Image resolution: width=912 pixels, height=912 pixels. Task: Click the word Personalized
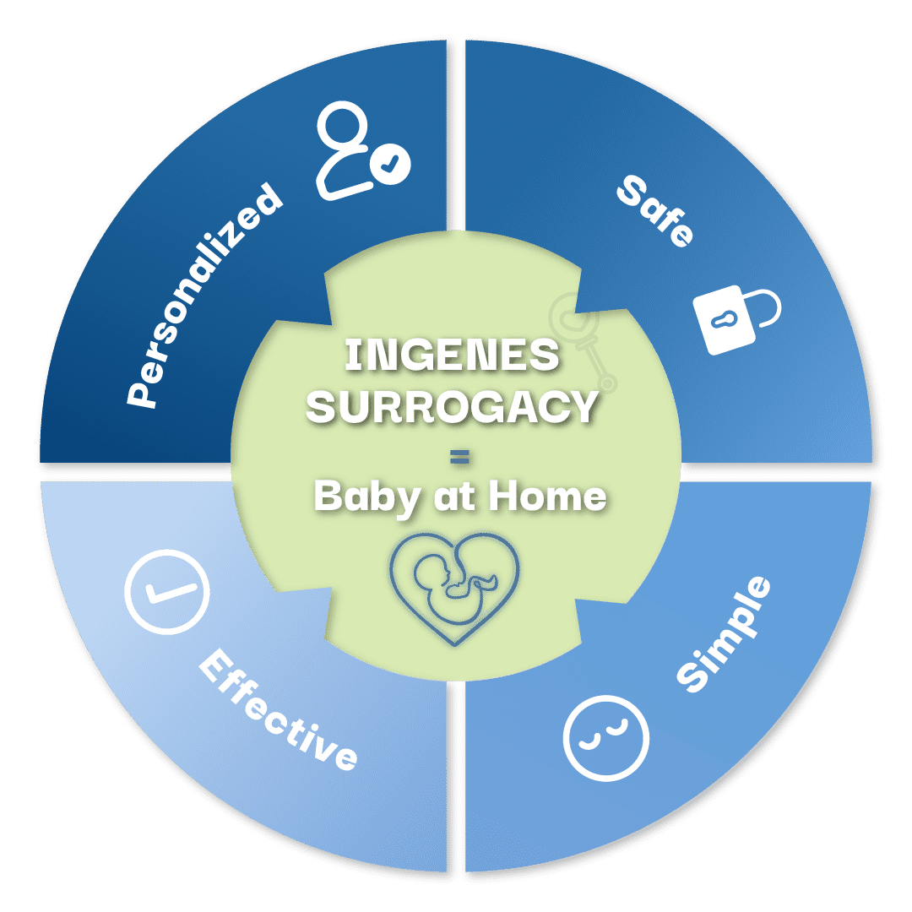(204, 296)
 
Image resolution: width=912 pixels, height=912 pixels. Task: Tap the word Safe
(655, 211)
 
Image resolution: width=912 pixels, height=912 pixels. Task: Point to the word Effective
(278, 710)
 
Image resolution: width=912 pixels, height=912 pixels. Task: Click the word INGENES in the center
(452, 355)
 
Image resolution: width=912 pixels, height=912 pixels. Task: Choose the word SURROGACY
(452, 406)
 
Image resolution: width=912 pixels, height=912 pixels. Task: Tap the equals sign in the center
(459, 458)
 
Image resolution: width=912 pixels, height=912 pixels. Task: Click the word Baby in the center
(366, 498)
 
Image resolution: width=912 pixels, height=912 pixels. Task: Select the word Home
(547, 497)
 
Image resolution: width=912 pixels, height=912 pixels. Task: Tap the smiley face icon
(606, 738)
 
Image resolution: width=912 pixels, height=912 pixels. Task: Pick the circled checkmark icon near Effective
(167, 591)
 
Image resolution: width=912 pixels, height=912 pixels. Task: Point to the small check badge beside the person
(390, 164)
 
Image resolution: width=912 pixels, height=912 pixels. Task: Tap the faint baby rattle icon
(583, 341)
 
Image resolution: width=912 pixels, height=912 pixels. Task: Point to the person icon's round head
(343, 122)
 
